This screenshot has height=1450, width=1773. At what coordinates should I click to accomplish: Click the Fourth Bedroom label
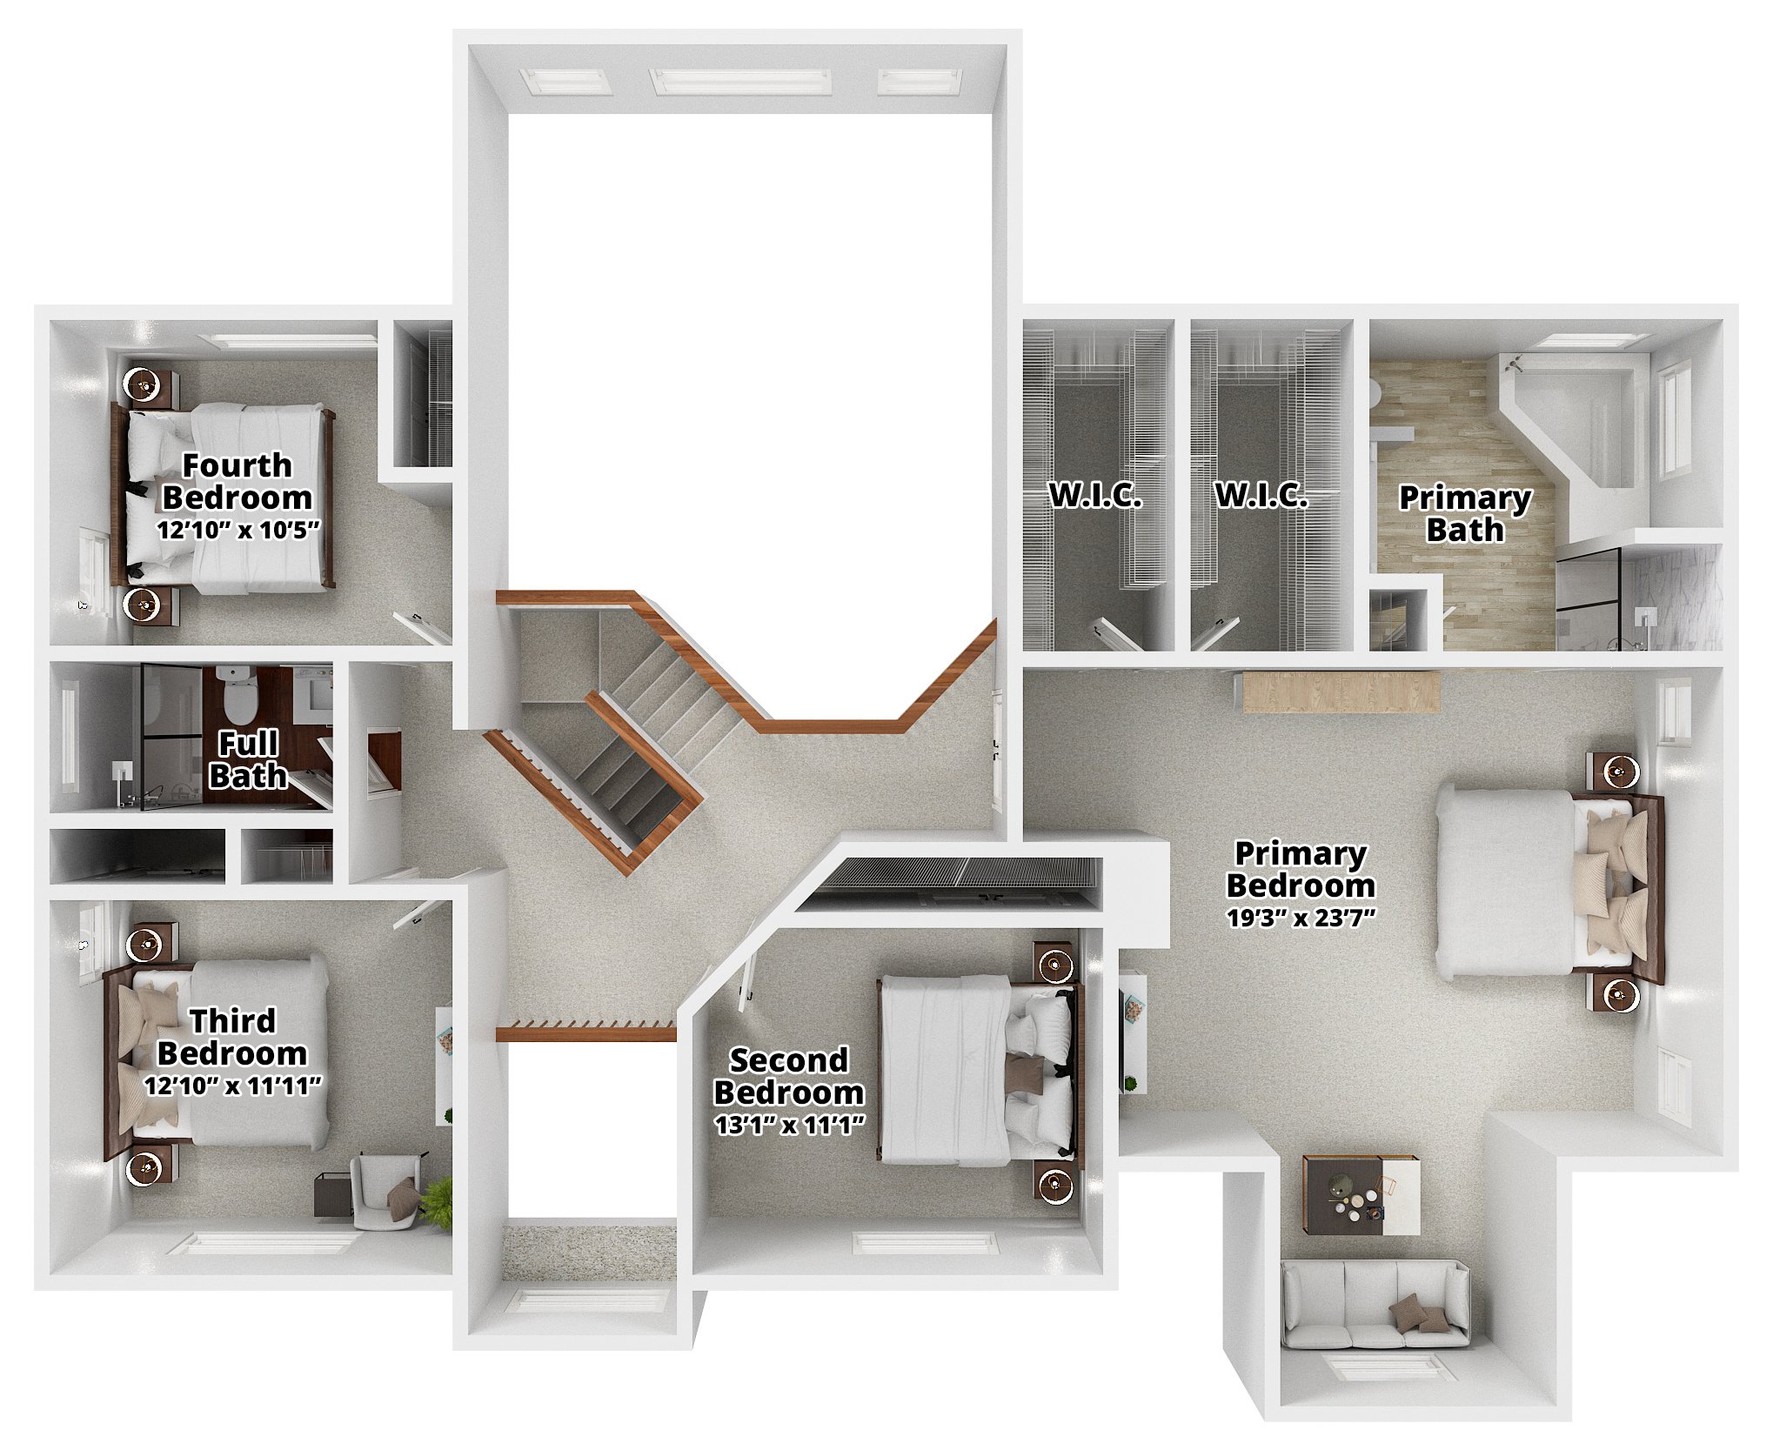click(237, 481)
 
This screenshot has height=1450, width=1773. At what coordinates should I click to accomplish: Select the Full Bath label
click(248, 759)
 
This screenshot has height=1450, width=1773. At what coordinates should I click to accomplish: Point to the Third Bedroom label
click(232, 1037)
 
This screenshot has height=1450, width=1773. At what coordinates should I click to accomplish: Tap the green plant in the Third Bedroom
click(438, 1202)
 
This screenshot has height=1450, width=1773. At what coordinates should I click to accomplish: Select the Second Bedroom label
click(788, 1076)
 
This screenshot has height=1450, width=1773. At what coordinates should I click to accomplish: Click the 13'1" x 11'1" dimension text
click(789, 1125)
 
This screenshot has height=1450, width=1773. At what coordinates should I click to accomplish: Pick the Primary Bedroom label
click(1301, 869)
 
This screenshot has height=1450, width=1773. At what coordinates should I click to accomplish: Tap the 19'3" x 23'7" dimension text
click(1301, 917)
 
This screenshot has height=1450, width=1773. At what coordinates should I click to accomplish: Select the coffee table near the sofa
click(1362, 1194)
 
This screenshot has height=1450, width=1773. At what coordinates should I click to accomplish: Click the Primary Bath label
click(1465, 513)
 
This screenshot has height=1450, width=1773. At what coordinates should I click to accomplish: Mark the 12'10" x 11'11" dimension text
click(232, 1086)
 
